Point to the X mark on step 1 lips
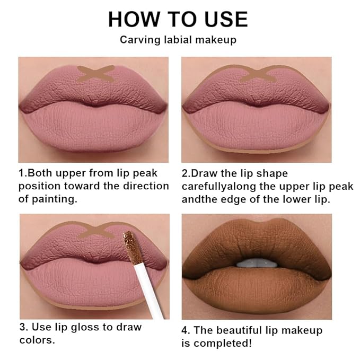(95, 73)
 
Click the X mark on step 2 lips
(258, 74)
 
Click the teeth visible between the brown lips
(256, 263)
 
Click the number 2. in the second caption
(186, 173)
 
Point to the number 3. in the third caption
(23, 327)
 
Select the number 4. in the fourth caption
(186, 330)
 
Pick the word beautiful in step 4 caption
(243, 330)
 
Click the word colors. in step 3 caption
(37, 340)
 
